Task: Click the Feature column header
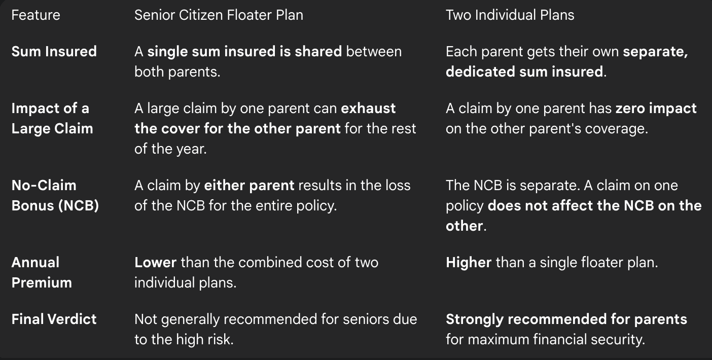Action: pos(35,15)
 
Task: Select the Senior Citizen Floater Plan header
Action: pos(219,15)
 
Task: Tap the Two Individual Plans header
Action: pos(510,15)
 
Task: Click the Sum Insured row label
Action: pos(54,52)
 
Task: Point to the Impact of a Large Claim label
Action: pos(52,119)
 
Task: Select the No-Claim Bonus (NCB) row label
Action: pos(55,195)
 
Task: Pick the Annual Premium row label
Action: pos(42,272)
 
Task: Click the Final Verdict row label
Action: pos(54,319)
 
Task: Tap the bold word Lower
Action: pos(155,263)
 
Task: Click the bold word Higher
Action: pos(469,263)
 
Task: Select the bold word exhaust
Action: pos(368,109)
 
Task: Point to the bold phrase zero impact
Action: pos(656,109)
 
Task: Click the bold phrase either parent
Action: pos(249,186)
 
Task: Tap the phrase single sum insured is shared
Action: pos(244,52)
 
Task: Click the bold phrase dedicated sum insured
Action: pos(524,71)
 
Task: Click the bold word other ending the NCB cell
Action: pos(465,226)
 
